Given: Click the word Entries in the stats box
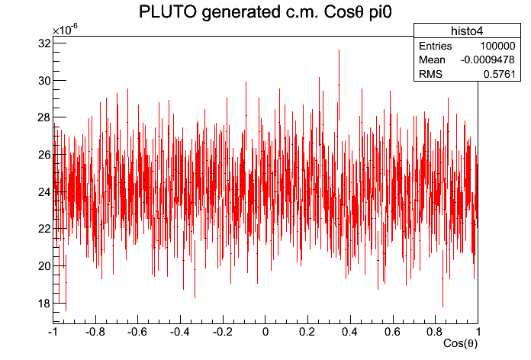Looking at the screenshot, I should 436,47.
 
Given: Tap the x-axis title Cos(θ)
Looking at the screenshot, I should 461,344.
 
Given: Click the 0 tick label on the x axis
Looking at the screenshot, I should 265,332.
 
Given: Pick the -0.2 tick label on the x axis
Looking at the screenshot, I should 222,332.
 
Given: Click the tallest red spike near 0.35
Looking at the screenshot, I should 339,52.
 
